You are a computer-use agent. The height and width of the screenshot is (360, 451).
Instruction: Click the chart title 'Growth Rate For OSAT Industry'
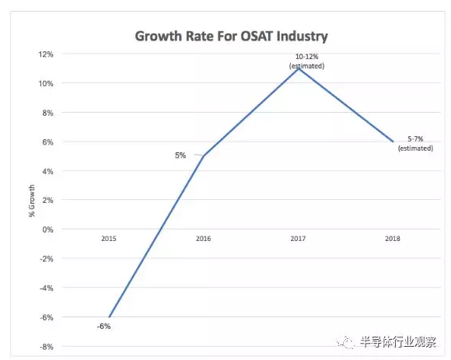(231, 37)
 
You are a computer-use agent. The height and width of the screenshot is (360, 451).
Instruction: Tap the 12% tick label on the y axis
(46, 54)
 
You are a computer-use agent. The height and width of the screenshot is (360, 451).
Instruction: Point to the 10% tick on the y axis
(46, 84)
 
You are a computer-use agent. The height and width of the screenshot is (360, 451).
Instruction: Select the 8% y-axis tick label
(47, 113)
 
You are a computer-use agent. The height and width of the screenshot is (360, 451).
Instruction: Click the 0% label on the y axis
(47, 229)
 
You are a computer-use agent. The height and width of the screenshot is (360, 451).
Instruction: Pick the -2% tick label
(47, 259)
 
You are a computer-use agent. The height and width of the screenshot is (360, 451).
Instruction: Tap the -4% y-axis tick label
(47, 288)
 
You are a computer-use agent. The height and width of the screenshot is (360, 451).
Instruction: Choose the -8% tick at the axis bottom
(47, 347)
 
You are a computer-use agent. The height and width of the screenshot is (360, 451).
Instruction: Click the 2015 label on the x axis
(109, 239)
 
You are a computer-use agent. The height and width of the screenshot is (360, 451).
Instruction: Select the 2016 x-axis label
(204, 239)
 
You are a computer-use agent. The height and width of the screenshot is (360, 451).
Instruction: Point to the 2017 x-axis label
(298, 239)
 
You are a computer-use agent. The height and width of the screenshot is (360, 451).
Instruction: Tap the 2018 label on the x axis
(393, 239)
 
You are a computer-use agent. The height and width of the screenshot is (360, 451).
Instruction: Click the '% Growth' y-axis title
(31, 201)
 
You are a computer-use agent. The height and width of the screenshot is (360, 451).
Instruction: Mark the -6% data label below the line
(104, 327)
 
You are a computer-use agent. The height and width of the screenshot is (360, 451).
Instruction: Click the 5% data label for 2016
(180, 156)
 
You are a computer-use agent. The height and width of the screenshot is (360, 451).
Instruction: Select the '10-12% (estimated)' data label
(306, 61)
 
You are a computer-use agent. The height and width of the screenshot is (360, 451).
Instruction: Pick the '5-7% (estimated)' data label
(415, 144)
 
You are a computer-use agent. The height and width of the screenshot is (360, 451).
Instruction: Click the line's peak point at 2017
(299, 68)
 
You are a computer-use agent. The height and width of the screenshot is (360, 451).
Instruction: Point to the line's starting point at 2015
(110, 317)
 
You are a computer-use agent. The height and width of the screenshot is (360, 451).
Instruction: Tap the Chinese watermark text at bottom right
(398, 342)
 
